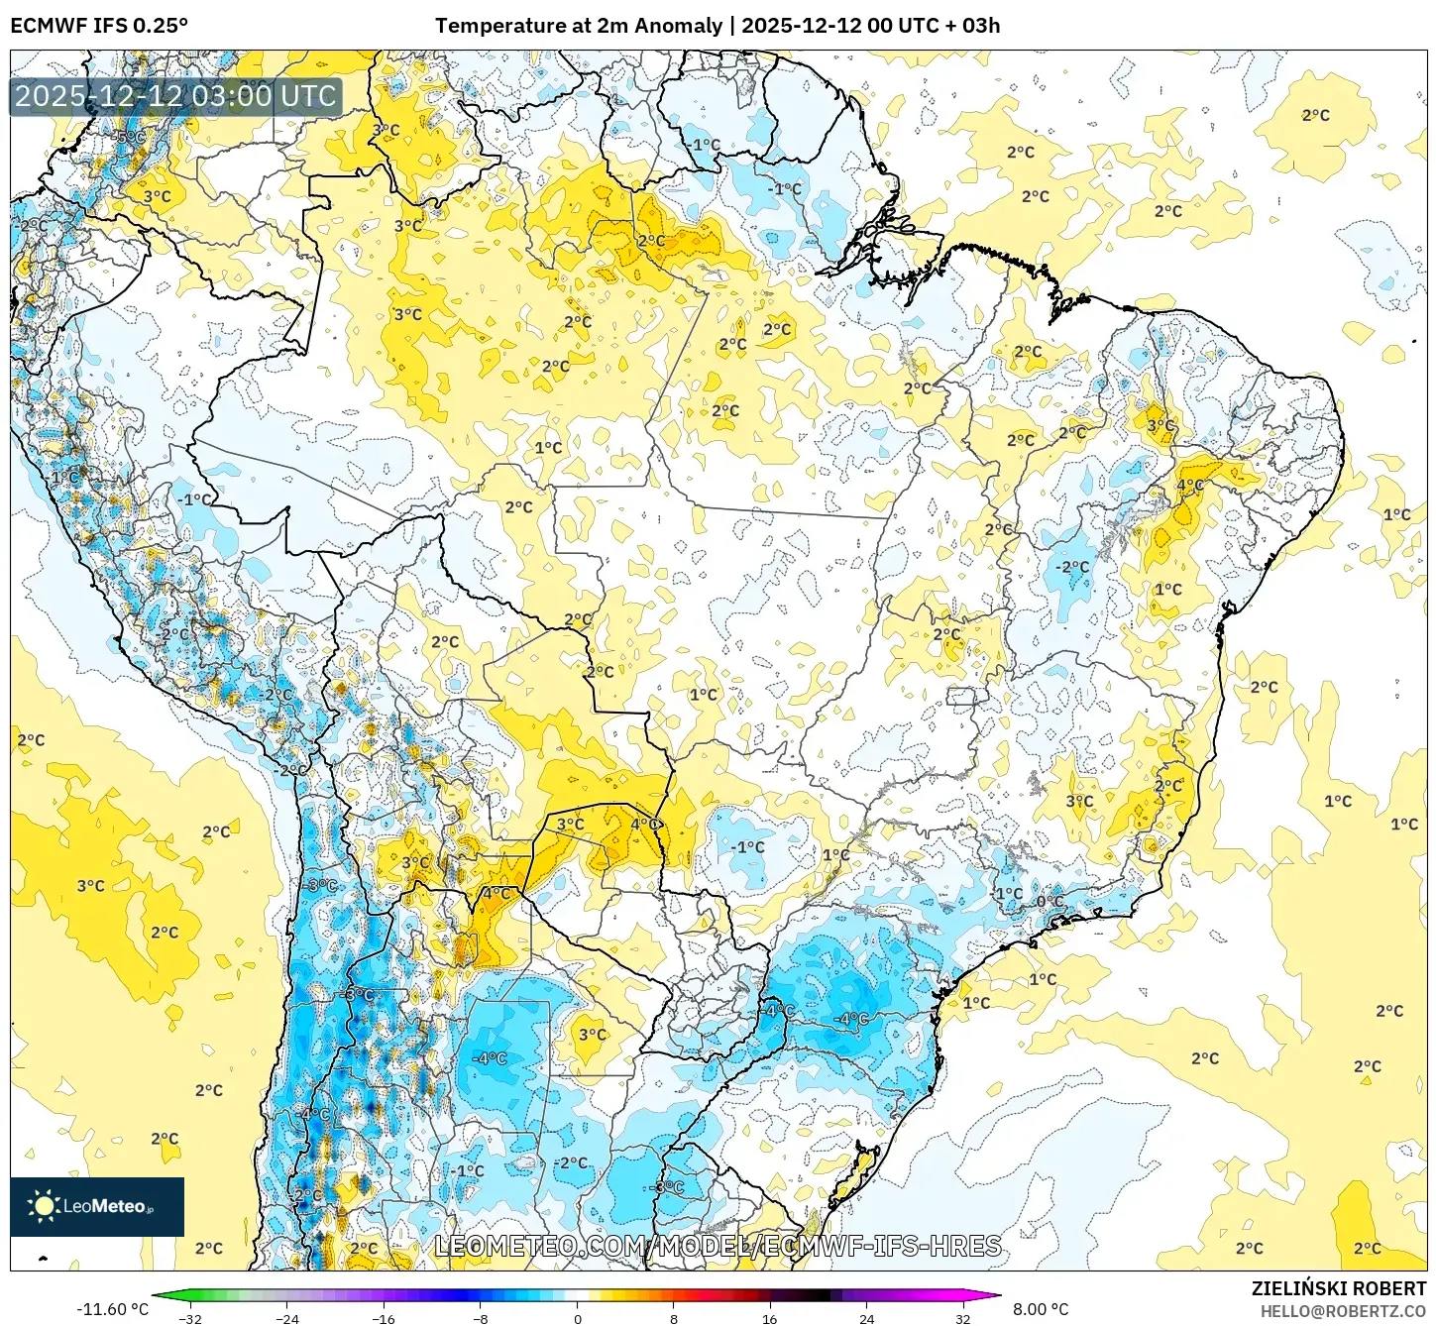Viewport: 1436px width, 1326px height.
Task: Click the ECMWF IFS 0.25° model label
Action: (99, 26)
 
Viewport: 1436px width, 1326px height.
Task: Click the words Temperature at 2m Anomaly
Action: (578, 26)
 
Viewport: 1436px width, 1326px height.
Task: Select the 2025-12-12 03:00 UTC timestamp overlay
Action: (175, 96)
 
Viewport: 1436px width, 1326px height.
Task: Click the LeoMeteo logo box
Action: (97, 1206)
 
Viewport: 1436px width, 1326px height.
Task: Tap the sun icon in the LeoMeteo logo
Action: (44, 1205)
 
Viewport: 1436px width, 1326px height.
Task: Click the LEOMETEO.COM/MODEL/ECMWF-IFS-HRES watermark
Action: (718, 1246)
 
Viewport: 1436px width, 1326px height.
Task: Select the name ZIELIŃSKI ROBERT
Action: (1338, 1288)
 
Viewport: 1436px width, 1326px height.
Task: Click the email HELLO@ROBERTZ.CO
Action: (1343, 1311)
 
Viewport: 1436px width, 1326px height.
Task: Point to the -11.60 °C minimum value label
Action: (112, 1309)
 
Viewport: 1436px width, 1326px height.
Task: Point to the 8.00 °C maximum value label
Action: (1040, 1309)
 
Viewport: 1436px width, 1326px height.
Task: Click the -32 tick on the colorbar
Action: (190, 1318)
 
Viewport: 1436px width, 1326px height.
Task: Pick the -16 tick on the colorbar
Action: (384, 1318)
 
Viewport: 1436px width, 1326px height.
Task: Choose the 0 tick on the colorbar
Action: (578, 1318)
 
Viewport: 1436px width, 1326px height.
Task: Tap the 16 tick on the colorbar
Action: (770, 1318)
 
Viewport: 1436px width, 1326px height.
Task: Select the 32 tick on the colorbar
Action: (963, 1318)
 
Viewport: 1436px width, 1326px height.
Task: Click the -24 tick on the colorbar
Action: (287, 1318)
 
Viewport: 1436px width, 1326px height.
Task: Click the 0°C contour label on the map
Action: (1049, 902)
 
